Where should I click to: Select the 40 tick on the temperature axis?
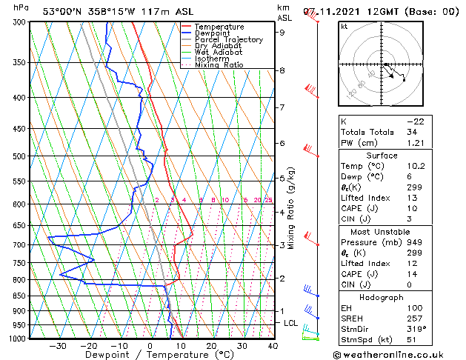[273, 346]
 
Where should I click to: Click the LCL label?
[291, 323]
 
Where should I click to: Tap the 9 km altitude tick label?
[282, 33]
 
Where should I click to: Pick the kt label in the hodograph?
[344, 26]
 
